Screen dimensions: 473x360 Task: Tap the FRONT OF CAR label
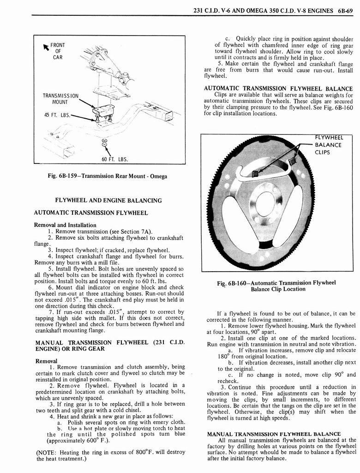click(57, 51)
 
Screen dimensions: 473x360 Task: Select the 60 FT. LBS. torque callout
click(114, 160)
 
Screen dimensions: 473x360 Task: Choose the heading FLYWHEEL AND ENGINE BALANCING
click(108, 200)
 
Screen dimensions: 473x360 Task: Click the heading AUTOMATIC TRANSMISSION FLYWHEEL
click(91, 213)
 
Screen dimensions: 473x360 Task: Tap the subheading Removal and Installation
click(65, 225)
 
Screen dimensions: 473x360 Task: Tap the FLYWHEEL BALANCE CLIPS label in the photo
click(329, 145)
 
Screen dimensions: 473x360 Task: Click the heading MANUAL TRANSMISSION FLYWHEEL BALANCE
click(274, 434)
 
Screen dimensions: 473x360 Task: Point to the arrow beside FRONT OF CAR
click(46, 46)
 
